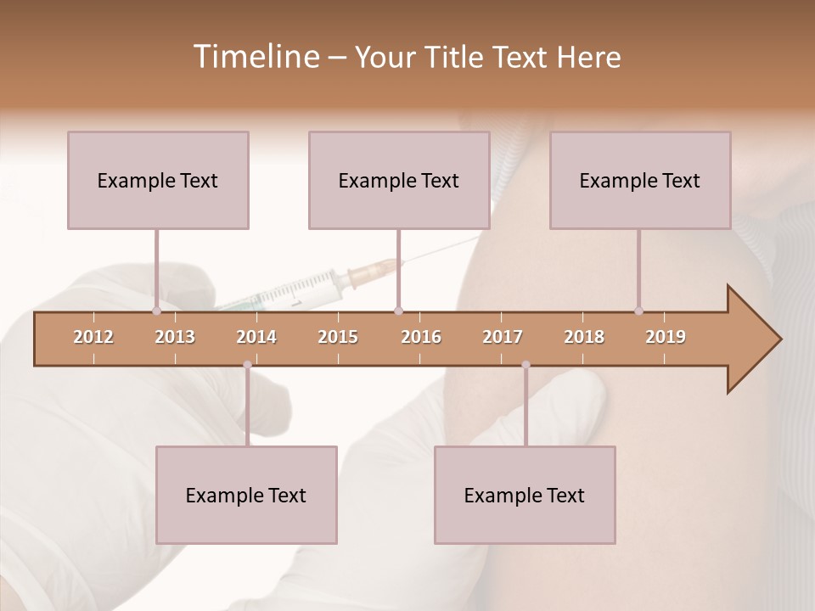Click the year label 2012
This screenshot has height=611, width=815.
click(x=93, y=337)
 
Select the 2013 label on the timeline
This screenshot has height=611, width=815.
click(x=175, y=337)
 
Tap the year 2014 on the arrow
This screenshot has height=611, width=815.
click(x=256, y=337)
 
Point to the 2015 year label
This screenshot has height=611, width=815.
click(x=338, y=337)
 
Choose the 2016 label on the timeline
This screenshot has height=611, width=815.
click(x=421, y=337)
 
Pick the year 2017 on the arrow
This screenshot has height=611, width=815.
click(x=503, y=337)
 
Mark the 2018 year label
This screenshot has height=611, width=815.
click(x=584, y=337)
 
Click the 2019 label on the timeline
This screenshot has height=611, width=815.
click(x=666, y=337)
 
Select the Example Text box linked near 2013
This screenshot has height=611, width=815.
click(x=158, y=180)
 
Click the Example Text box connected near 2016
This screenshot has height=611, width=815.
click(x=399, y=180)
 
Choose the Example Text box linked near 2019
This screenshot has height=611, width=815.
click(x=640, y=180)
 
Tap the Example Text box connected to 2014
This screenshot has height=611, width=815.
click(x=246, y=495)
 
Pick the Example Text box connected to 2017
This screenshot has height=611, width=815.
click(x=525, y=495)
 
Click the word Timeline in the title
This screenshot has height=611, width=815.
click(x=255, y=57)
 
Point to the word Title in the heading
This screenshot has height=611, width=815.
click(x=462, y=57)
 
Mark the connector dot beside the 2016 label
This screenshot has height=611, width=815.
click(x=399, y=311)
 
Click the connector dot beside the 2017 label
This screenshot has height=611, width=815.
click(x=526, y=365)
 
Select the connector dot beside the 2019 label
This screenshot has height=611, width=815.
click(x=638, y=311)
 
